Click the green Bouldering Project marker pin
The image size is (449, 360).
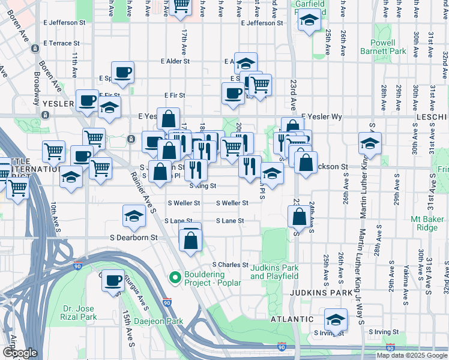pyautogui.click(x=175, y=277)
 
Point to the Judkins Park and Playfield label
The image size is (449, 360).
pyautogui.click(x=274, y=272)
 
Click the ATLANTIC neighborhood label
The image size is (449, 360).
pyautogui.click(x=292, y=319)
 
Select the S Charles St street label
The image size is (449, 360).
pyautogui.click(x=231, y=265)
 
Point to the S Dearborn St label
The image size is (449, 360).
pyautogui.click(x=133, y=238)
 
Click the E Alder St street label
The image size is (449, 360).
pyautogui.click(x=175, y=61)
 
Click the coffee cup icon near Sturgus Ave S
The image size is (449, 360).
pyautogui.click(x=112, y=281)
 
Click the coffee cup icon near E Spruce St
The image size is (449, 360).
pyautogui.click(x=122, y=73)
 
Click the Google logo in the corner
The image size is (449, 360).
pyautogui.click(x=20, y=353)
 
